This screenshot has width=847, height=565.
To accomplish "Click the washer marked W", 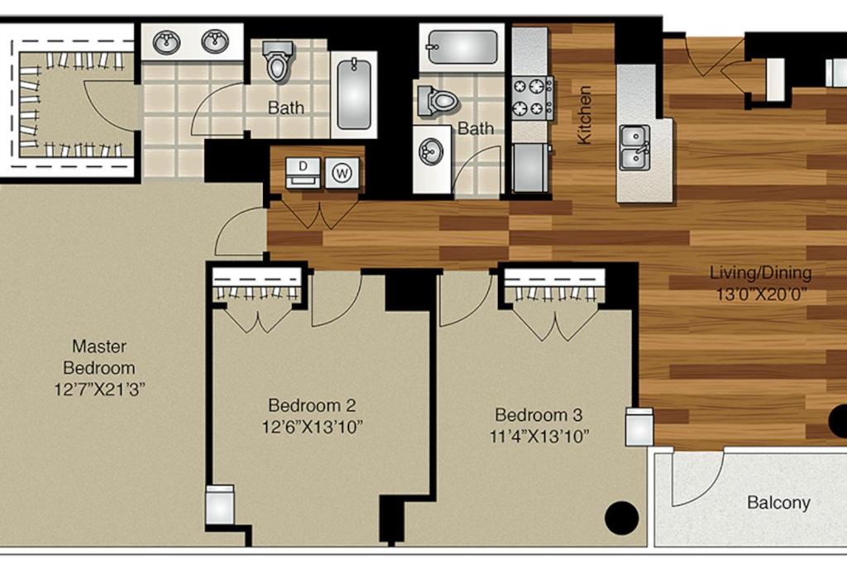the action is [x=342, y=173].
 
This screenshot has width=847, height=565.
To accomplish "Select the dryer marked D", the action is [x=303, y=173].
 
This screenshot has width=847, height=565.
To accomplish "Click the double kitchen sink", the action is [x=634, y=147].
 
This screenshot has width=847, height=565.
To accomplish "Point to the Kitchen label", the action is [x=584, y=115].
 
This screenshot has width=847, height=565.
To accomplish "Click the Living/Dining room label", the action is [x=761, y=273].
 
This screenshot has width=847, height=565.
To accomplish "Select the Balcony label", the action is [x=778, y=503].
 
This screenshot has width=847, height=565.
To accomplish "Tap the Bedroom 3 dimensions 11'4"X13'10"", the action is [x=539, y=436].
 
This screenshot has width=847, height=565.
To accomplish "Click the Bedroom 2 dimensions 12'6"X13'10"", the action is [x=312, y=427].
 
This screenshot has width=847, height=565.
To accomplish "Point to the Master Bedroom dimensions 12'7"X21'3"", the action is [x=100, y=389].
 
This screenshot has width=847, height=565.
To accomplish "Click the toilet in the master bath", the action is [x=278, y=60].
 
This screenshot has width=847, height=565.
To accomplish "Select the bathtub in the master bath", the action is [x=354, y=94].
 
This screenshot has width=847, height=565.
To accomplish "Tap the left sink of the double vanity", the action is [x=166, y=42].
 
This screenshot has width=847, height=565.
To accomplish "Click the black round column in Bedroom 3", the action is [x=622, y=518].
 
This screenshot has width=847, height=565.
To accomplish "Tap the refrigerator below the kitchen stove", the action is [x=530, y=167].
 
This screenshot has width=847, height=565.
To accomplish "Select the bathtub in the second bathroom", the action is [x=462, y=47].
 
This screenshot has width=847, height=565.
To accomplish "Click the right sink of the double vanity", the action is [x=215, y=41].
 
